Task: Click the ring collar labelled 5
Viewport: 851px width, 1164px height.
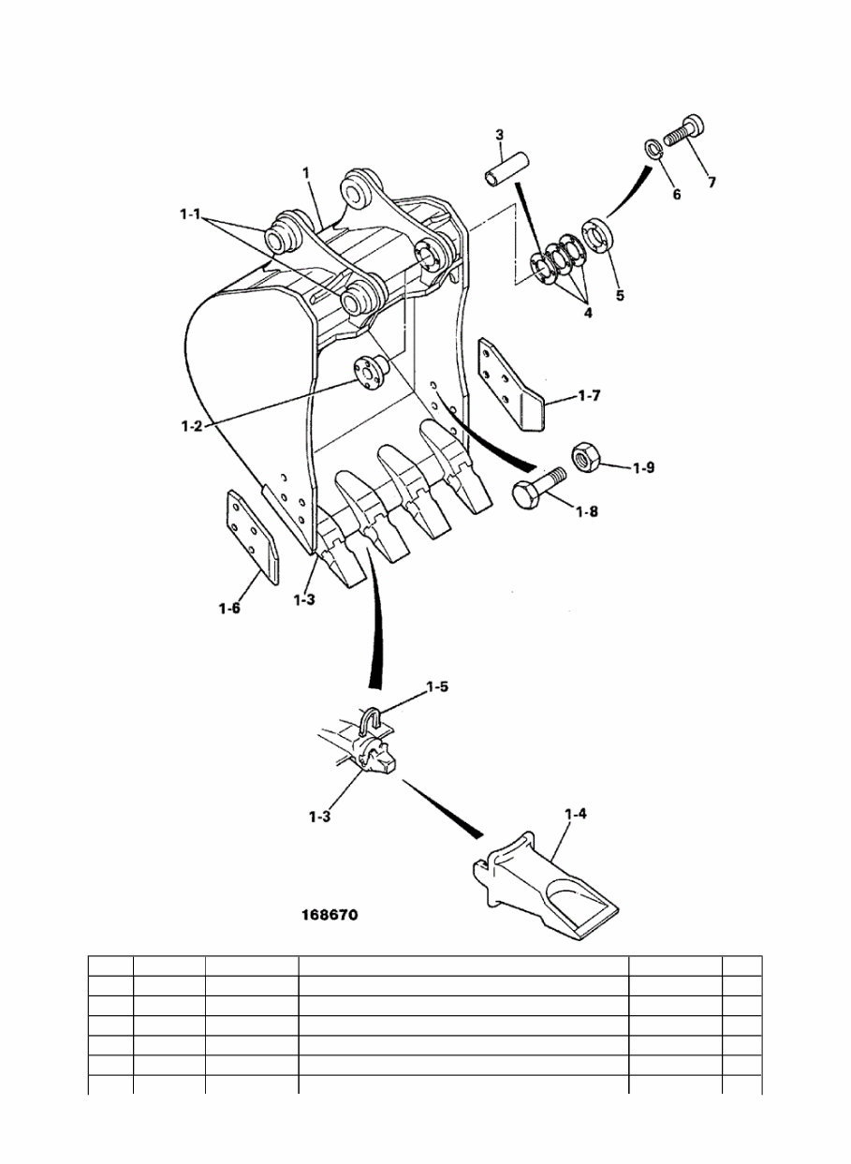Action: (x=597, y=234)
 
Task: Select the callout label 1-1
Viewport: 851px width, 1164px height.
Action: (x=191, y=214)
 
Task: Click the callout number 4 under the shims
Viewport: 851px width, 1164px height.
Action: (x=588, y=313)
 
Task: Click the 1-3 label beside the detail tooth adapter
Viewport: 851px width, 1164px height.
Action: (x=320, y=816)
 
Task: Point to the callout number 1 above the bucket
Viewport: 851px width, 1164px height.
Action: (x=306, y=173)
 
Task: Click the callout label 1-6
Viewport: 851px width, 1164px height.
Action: (x=230, y=609)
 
